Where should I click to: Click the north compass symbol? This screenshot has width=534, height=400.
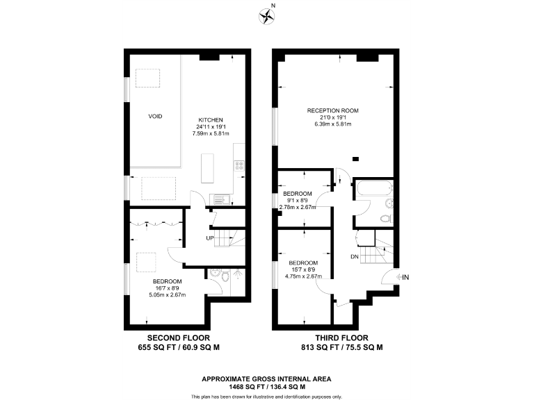point(266,15)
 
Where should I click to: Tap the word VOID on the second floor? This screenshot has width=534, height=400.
point(155,116)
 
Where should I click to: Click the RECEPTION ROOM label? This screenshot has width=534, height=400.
point(333,110)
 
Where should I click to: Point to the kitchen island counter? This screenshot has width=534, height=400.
point(207,167)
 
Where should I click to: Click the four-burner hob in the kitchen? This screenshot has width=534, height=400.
point(240,166)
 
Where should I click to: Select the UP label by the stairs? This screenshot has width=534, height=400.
point(209,238)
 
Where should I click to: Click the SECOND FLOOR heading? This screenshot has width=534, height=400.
point(171,338)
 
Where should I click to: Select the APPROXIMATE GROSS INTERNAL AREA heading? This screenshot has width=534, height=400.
point(266,378)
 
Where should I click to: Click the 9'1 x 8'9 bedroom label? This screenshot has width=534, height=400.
point(297,200)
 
